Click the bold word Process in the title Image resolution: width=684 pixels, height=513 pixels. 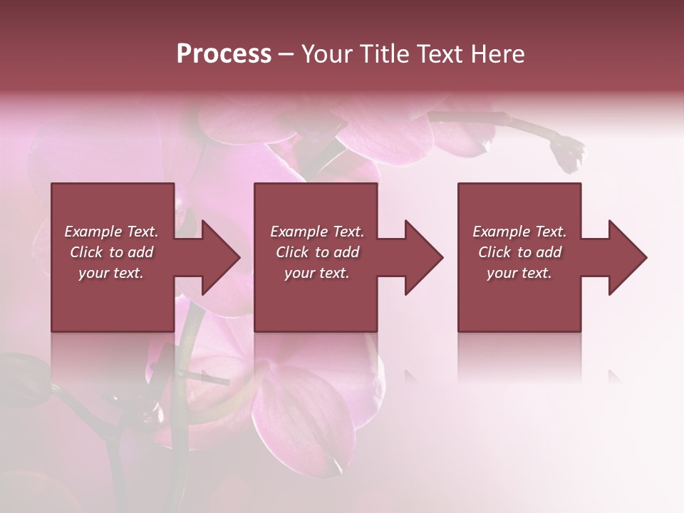tap(224, 54)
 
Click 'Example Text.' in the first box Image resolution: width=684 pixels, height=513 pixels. tap(111, 232)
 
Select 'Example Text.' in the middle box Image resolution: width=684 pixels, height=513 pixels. tap(317, 232)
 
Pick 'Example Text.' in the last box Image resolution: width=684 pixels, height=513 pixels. tap(519, 232)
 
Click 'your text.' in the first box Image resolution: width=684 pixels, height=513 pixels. tap(111, 273)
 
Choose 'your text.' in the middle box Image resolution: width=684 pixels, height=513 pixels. tap(317, 273)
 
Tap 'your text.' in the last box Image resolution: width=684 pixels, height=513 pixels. tap(519, 273)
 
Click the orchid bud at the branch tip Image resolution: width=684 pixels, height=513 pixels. tap(568, 152)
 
